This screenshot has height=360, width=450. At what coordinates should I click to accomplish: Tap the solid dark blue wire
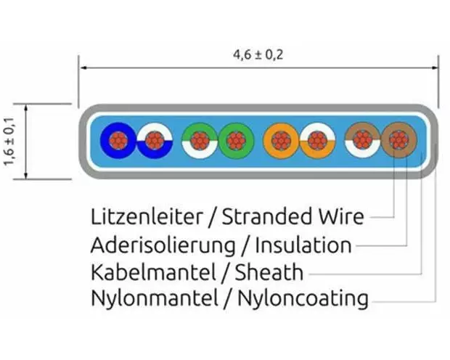117,139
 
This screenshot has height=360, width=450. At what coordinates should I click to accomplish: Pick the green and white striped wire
197,139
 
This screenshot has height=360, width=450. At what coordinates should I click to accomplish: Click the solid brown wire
398,139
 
